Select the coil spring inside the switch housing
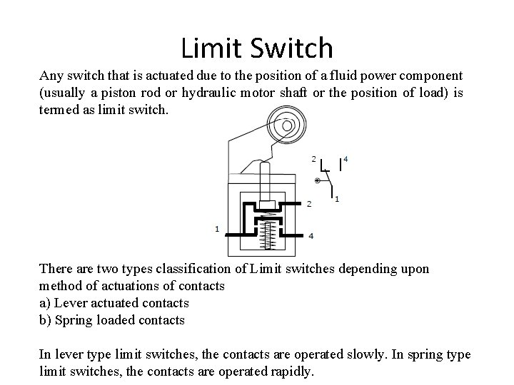(269, 233)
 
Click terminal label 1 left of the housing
(216, 228)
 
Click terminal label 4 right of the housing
(311, 235)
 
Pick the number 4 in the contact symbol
(346, 158)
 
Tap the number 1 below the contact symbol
(336, 198)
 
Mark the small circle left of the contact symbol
(317, 181)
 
